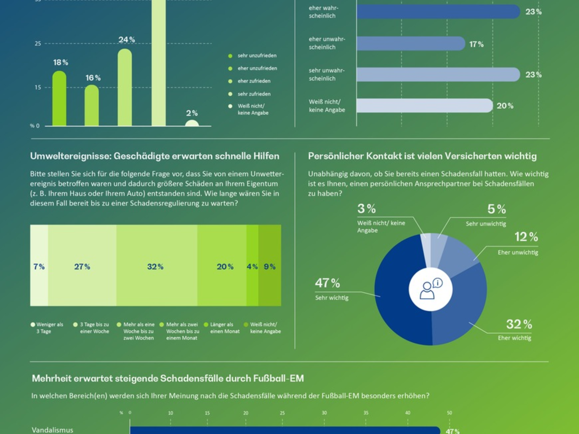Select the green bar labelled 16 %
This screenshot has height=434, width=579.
(x=92, y=106)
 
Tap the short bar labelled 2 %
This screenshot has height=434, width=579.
(x=192, y=123)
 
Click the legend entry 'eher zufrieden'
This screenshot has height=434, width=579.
(x=254, y=81)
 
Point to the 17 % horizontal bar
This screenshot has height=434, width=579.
(x=411, y=43)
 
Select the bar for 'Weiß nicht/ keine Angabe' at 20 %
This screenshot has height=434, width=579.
(x=425, y=106)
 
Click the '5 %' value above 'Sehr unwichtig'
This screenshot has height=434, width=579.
(x=496, y=209)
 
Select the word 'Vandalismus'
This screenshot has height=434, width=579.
(x=53, y=429)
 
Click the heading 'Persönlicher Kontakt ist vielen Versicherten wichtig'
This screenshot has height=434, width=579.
(x=422, y=156)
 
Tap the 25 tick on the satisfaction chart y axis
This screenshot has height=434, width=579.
(x=38, y=44)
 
